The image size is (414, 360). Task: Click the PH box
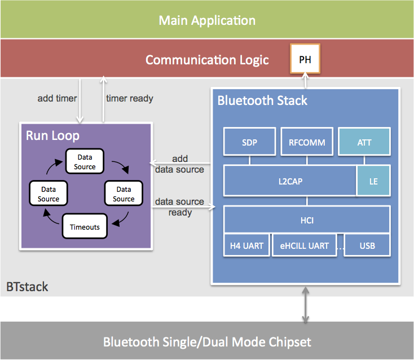point(305,59)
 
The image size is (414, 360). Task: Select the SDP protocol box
point(249,142)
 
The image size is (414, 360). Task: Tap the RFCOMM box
point(307,142)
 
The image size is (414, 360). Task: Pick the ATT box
point(364,142)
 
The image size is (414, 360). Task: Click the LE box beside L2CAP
point(373,181)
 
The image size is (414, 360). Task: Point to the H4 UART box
point(246,245)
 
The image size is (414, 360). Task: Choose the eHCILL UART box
point(305,245)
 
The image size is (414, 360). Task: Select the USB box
point(367,245)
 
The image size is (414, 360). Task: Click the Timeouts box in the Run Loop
point(85,227)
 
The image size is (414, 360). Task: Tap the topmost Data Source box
point(85,161)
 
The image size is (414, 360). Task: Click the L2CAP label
point(290,181)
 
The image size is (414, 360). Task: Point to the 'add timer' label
point(57,98)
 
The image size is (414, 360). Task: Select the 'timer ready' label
point(130,98)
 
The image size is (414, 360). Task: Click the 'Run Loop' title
point(52,135)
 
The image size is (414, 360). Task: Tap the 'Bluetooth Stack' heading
point(262,101)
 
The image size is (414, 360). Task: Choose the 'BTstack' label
point(27,287)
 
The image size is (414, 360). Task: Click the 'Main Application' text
point(207,21)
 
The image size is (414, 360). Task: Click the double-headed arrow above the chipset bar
point(305,304)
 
